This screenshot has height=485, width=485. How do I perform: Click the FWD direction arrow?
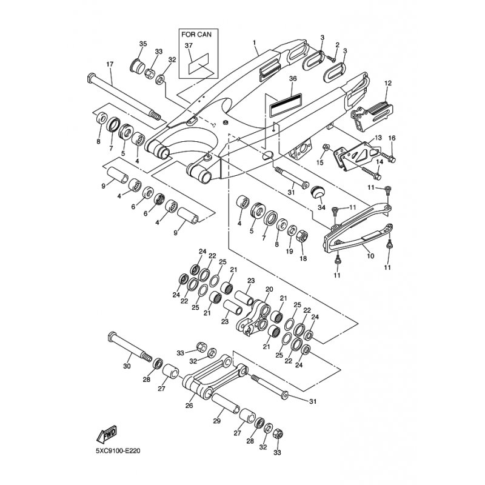[x=107, y=434]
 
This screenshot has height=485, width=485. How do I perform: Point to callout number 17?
[x=110, y=64]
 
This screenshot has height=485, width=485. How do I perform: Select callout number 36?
[x=293, y=79]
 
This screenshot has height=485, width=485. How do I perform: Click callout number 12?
[x=388, y=82]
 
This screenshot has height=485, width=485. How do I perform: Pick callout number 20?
[x=269, y=289]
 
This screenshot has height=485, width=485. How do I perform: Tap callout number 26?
[x=189, y=406]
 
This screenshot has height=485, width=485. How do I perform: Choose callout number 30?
[x=127, y=366]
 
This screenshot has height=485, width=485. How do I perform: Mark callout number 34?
[x=321, y=208]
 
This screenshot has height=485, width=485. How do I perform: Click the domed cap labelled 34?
[x=317, y=193]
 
